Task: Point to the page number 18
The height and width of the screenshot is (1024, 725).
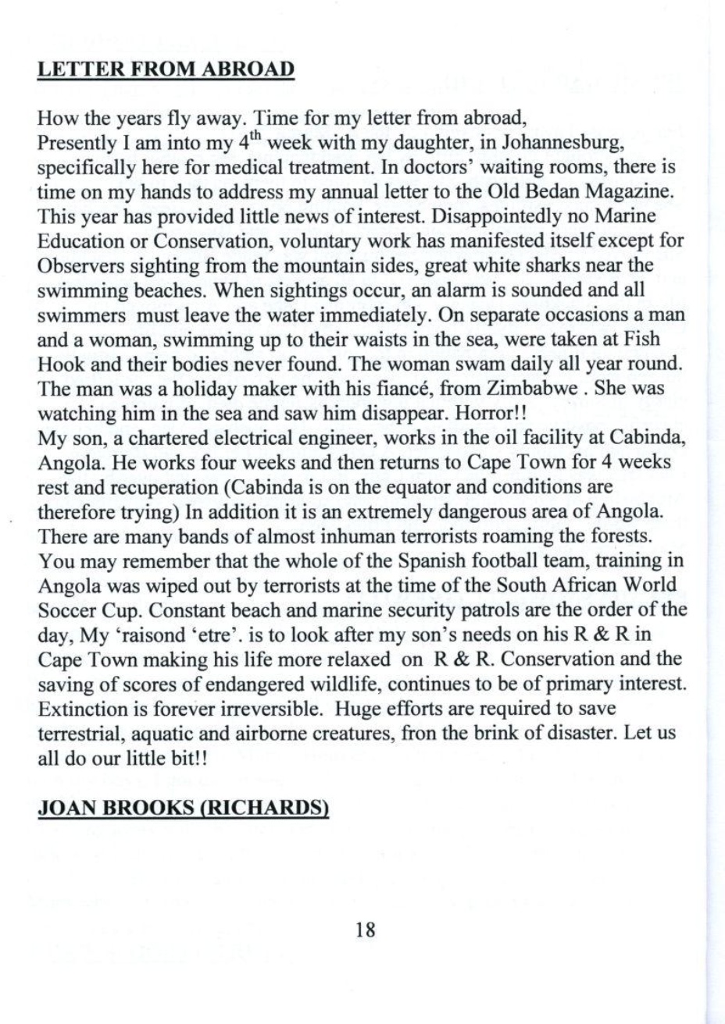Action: (x=366, y=929)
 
